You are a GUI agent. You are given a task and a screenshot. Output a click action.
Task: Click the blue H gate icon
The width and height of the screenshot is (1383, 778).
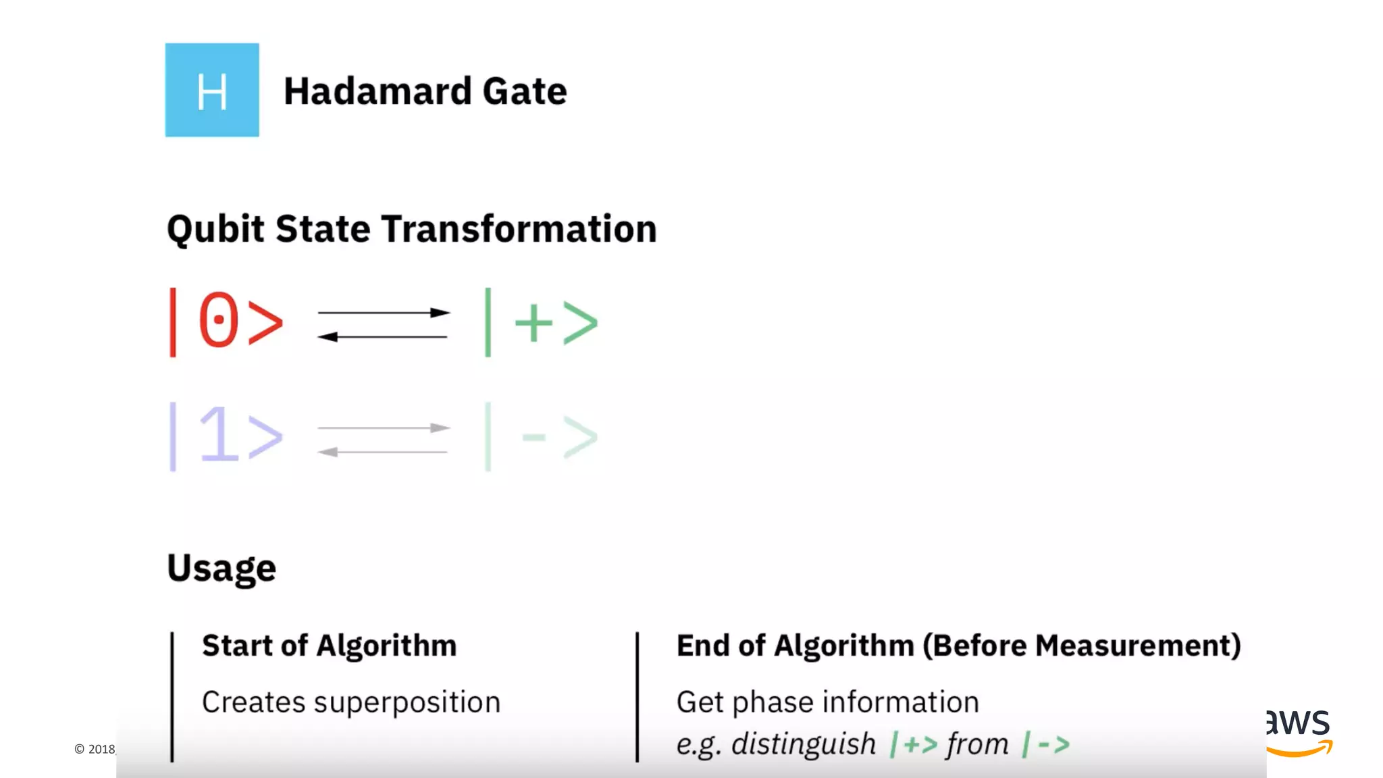tap(212, 90)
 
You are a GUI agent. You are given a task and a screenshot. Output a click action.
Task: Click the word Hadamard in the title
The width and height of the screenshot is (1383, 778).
tap(377, 91)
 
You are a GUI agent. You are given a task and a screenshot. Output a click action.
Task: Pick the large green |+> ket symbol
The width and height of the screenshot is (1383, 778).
tap(541, 322)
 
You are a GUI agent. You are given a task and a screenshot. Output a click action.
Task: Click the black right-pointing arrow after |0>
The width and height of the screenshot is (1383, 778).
tap(384, 313)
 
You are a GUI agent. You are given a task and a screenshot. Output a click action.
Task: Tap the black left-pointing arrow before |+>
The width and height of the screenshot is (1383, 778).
tap(382, 336)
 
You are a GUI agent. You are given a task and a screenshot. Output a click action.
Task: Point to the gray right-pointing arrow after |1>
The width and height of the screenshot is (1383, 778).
tap(384, 427)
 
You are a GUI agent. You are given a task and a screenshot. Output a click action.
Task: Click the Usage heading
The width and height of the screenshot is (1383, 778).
tap(221, 568)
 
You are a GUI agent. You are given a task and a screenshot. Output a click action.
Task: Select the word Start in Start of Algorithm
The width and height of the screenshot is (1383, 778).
tap(237, 646)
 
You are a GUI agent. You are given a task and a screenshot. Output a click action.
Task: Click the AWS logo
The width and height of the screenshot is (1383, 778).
tap(1298, 732)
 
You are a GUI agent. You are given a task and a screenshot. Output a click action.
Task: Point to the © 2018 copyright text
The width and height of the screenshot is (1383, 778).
tap(95, 749)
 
